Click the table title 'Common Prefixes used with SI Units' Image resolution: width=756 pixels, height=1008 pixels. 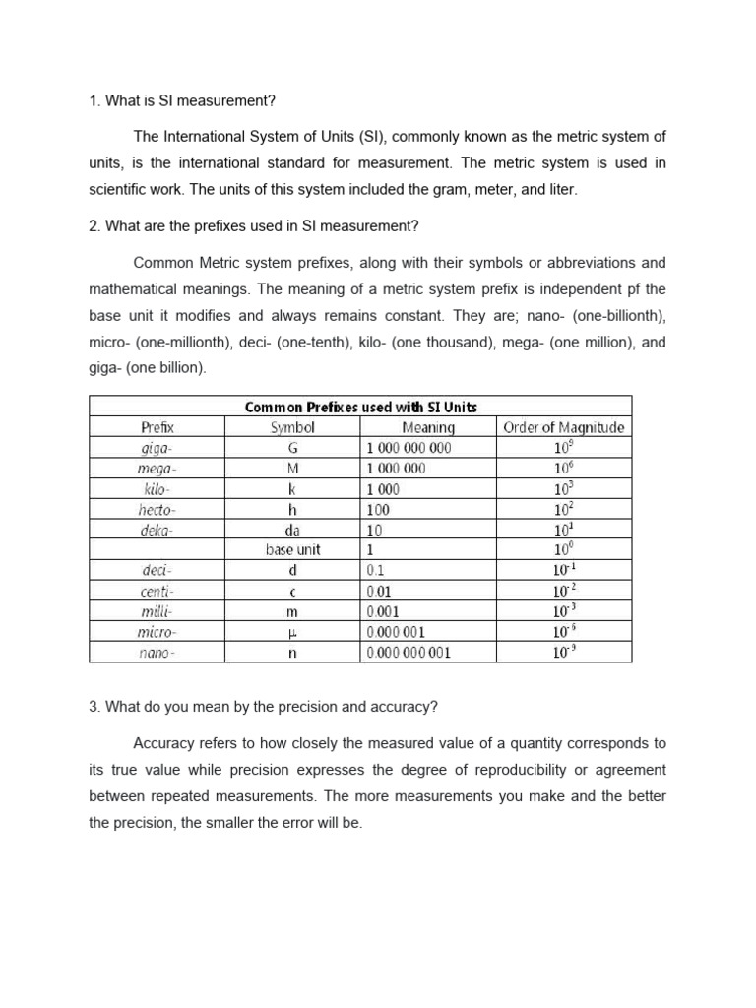pos(360,407)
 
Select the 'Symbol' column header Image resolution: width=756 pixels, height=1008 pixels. pos(292,427)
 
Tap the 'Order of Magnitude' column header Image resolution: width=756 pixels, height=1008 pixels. pos(563,427)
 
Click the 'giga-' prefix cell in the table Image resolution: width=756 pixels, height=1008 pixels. pos(157,448)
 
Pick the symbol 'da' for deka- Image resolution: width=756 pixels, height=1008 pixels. pos(292,530)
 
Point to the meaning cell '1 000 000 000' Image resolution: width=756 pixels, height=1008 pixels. pos(409,448)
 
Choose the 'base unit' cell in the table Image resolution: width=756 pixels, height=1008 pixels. pos(292,550)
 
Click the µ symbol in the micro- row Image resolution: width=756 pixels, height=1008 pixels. pos(292,632)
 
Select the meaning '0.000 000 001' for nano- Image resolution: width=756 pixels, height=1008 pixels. pos(409,652)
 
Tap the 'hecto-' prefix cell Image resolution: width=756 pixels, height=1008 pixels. pos(157,509)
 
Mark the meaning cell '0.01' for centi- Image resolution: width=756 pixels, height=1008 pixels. pos(378,591)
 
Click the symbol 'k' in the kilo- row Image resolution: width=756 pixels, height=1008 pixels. pos(292,489)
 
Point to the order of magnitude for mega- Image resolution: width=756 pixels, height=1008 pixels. pos(563,468)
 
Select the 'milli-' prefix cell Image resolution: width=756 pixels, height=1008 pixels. pos(157,611)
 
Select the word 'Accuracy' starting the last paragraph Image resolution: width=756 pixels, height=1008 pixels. pos(161,743)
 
